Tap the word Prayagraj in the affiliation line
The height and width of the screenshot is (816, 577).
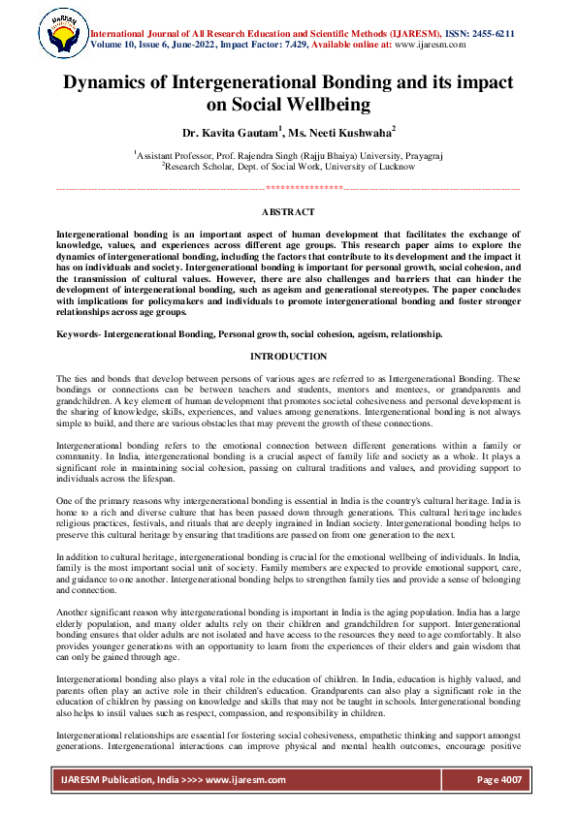tap(417, 154)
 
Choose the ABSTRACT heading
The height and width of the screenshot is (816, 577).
tap(288, 211)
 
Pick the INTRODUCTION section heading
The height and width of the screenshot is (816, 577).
tap(288, 357)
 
